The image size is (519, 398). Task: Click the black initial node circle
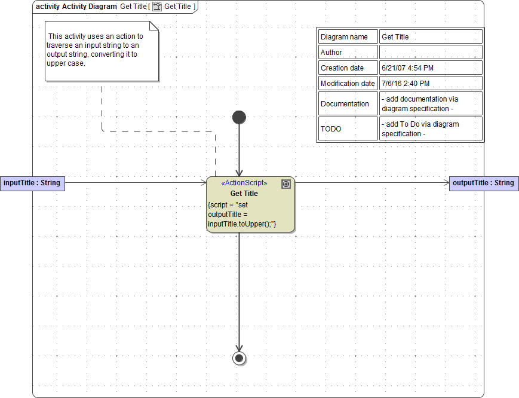pos(239,117)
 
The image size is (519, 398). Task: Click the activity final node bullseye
pos(239,358)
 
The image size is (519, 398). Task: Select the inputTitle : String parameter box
pos(32,183)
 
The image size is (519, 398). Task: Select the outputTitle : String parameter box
pos(484,183)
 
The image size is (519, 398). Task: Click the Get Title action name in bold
pos(244,194)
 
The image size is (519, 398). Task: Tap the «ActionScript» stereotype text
pos(244,183)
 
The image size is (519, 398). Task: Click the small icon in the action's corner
pos(286,184)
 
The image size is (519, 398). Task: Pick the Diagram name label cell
pos(348,37)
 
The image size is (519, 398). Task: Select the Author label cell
pos(348,53)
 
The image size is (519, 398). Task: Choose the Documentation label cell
pos(348,104)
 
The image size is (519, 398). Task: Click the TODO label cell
pos(348,129)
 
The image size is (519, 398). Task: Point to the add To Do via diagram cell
pos(430,129)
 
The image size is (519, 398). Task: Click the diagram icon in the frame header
pos(157,7)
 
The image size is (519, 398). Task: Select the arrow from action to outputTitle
pos(370,183)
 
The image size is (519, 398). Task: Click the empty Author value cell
pos(430,53)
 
